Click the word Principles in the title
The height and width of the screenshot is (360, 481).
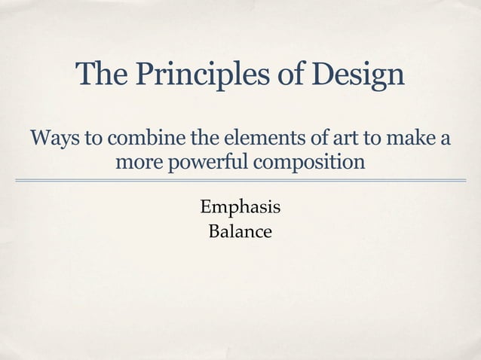195,74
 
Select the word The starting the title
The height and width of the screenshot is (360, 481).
100,74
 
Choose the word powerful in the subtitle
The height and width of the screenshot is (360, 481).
212,163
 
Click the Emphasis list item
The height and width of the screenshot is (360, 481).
240,206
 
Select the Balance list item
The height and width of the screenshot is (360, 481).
240,231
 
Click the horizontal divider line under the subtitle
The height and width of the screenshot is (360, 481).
240,181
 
